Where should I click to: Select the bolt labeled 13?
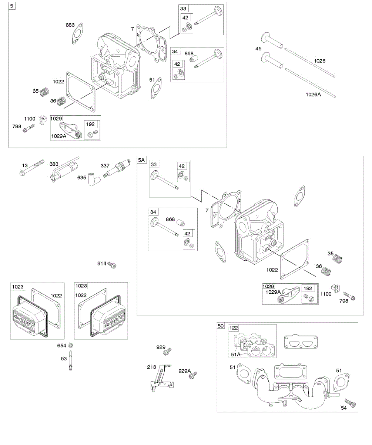point(32,167)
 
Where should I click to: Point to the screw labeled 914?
point(113,265)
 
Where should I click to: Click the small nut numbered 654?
point(71,346)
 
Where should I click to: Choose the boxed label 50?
point(221,326)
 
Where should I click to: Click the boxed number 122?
point(234,328)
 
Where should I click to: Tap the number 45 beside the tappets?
point(258,49)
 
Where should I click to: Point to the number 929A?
point(184,371)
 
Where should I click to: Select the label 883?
point(70,25)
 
